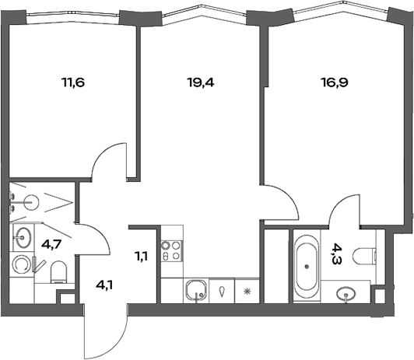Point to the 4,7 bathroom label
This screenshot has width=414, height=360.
pyautogui.click(x=52, y=244)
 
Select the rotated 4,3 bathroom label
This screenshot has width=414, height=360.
pyautogui.click(x=336, y=252)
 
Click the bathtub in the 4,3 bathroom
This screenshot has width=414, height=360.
pyautogui.click(x=308, y=265)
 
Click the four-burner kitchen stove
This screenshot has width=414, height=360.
pyautogui.click(x=170, y=250)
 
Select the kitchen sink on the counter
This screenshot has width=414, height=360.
pyautogui.click(x=195, y=292)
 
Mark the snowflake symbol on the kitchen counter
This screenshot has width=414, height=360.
pyautogui.click(x=247, y=292)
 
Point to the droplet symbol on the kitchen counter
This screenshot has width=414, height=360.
pyautogui.click(x=222, y=292)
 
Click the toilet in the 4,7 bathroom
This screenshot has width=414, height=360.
pyautogui.click(x=58, y=271)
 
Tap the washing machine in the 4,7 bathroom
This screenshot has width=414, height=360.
pyautogui.click(x=23, y=265)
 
